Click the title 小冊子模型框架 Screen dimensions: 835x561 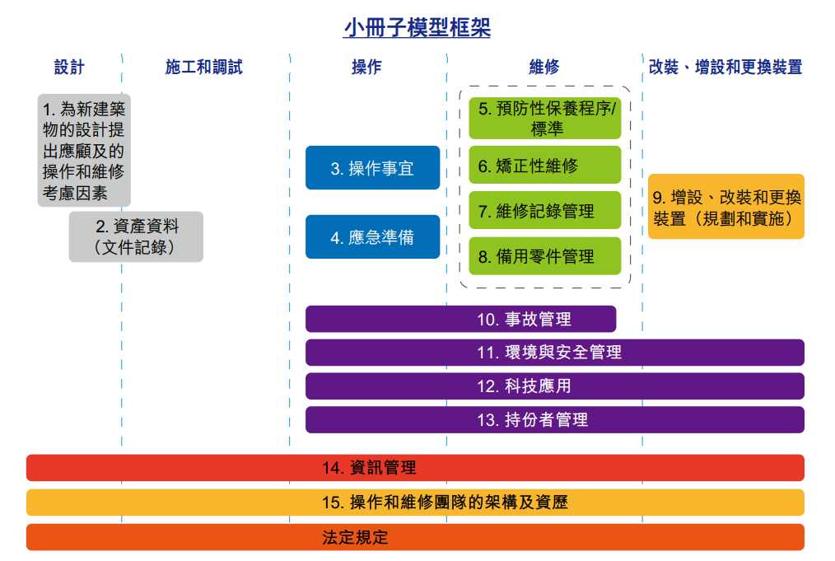coord(417,28)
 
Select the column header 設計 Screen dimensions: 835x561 coord(69,67)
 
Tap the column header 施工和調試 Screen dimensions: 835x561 coord(204,67)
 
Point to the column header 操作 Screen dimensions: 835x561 coord(367,67)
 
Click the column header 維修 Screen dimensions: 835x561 coord(544,67)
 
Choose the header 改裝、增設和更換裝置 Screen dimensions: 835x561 coord(725,67)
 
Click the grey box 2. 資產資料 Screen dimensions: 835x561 coord(136,236)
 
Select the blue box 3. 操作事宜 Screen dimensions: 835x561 coord(373,168)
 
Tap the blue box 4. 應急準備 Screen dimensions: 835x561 coord(373,237)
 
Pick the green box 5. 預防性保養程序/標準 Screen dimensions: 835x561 coord(545,119)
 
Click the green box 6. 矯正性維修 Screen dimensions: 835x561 coord(545,165)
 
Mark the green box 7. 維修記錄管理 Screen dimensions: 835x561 coord(545,210)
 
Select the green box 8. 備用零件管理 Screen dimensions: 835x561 coord(545,256)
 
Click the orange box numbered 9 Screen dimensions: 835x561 coord(726,207)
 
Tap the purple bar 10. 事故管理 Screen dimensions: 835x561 coord(460,319)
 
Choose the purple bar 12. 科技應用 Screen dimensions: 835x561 coord(555,386)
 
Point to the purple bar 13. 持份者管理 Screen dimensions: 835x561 coord(555,420)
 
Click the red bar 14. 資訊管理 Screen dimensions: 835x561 coord(415,468)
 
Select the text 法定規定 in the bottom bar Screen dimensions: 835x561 coord(355,538)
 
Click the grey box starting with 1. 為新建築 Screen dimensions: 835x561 coord(84,150)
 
